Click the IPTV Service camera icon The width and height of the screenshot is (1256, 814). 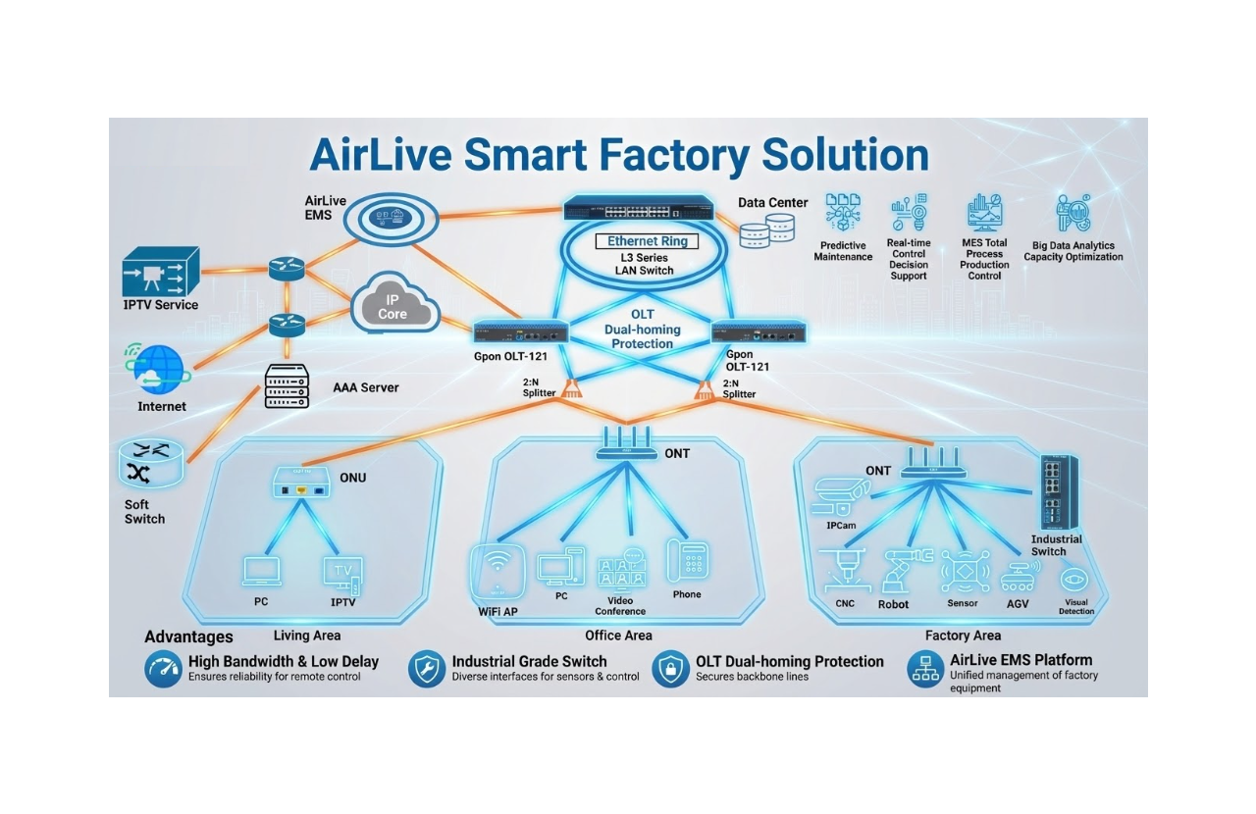point(160,272)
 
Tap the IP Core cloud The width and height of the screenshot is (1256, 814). point(392,306)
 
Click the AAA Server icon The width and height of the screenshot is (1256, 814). point(287,386)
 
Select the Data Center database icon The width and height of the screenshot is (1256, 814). point(767,232)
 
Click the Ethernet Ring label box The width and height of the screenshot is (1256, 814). point(647,241)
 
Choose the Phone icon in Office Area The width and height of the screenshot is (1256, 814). point(687,562)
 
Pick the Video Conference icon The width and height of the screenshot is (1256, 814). point(620,570)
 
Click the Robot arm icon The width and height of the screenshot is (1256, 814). point(895,571)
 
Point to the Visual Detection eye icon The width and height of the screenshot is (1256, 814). point(1075,579)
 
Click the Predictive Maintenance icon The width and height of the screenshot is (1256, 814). point(842,214)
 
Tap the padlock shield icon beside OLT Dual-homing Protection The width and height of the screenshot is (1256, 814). point(670,669)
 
